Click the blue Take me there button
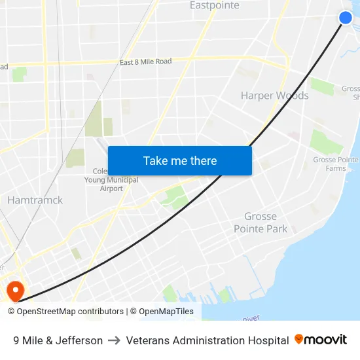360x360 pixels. click(180, 160)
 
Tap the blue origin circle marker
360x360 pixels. click(346, 18)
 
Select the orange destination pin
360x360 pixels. click(14, 289)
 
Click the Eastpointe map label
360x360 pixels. click(214, 6)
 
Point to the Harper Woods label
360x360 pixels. click(274, 96)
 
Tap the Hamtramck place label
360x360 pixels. click(35, 200)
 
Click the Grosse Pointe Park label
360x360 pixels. click(261, 223)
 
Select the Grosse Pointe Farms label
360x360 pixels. click(335, 164)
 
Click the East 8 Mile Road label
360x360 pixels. click(145, 62)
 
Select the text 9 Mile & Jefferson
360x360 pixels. click(58, 340)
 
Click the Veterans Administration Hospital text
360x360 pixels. click(207, 340)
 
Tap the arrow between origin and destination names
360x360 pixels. click(114, 340)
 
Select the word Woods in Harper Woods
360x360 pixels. click(293, 96)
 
